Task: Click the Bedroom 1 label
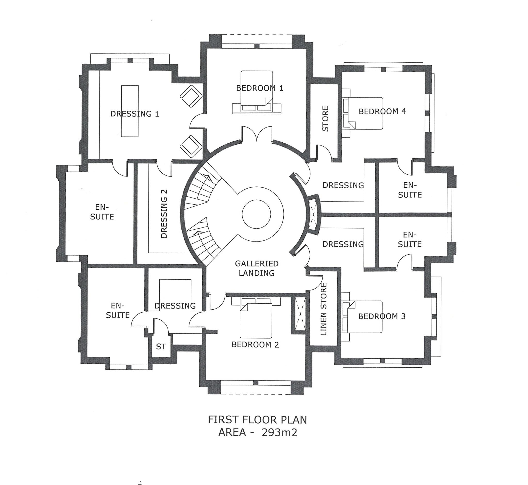click(x=260, y=88)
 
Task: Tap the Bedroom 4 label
click(x=382, y=111)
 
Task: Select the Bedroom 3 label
click(x=382, y=316)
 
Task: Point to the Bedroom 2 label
click(x=255, y=345)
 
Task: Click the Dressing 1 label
click(x=135, y=114)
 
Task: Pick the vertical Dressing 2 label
click(x=164, y=214)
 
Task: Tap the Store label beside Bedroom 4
click(x=325, y=119)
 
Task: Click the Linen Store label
click(x=324, y=309)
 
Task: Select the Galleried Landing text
click(x=257, y=268)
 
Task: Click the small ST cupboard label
click(x=161, y=347)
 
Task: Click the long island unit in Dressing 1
click(x=130, y=111)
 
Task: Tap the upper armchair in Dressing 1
click(x=191, y=96)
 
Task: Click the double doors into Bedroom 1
click(x=257, y=134)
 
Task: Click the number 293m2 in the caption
click(x=279, y=433)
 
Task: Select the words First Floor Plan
click(x=257, y=420)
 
